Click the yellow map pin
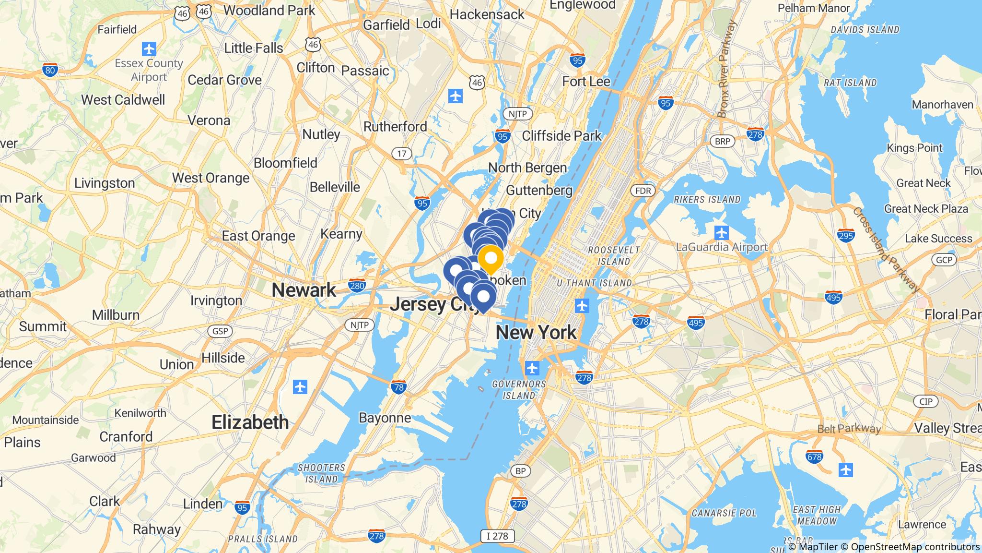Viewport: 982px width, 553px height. [x=491, y=258]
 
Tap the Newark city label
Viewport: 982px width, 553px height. [x=304, y=290]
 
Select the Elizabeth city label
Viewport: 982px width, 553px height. [x=250, y=422]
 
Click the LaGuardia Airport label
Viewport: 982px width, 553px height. [x=722, y=247]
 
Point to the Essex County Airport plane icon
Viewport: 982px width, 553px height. [x=149, y=48]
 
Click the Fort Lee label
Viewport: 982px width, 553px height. [x=586, y=81]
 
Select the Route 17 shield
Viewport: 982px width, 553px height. [x=402, y=154]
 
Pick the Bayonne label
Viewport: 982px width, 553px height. [x=385, y=418]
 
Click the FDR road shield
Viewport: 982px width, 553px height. [x=643, y=191]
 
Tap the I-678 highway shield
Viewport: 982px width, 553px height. [x=815, y=457]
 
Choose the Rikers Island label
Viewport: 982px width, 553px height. [x=707, y=199]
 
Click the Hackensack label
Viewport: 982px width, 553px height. [x=487, y=14]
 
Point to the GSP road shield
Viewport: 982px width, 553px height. [x=220, y=331]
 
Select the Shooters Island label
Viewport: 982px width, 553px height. [x=321, y=473]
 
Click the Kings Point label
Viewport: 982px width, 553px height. [x=914, y=148]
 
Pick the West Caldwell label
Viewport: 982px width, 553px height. [x=123, y=100]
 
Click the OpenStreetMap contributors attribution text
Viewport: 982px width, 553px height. [x=915, y=547]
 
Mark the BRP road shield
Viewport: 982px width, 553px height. [x=722, y=141]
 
